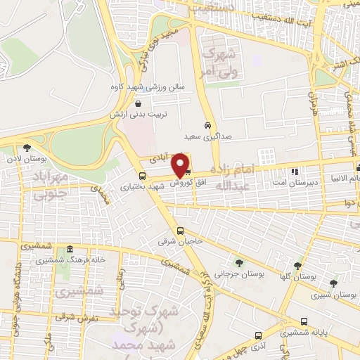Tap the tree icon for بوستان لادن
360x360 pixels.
click(27, 148)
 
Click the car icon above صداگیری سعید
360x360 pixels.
click(207, 126)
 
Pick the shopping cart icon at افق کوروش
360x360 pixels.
click(188, 172)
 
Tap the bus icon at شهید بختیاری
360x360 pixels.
click(142, 176)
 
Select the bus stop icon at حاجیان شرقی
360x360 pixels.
click(181, 230)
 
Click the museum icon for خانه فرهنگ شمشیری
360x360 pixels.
click(69, 250)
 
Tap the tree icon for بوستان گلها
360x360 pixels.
click(297, 266)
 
